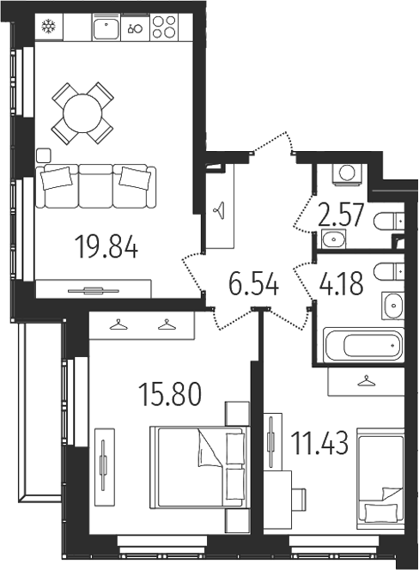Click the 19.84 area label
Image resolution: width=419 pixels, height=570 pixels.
[x=107, y=250]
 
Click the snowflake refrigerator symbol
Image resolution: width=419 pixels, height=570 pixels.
[x=48, y=27]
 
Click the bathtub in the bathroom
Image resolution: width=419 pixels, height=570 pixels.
[x=361, y=347]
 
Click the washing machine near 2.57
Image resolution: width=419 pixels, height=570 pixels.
[x=347, y=173]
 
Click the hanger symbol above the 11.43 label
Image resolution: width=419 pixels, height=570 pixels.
[x=367, y=379]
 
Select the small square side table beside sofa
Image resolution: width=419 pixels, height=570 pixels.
[x=44, y=155]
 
